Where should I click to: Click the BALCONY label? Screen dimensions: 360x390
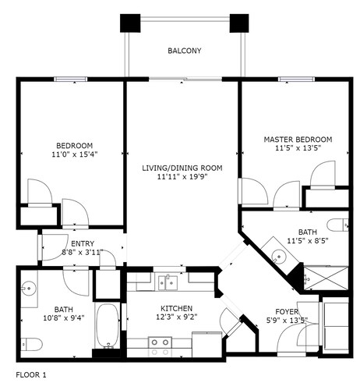click(x=185, y=51)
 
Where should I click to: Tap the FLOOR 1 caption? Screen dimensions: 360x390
click(x=31, y=375)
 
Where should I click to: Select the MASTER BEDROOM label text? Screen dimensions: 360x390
click(x=298, y=140)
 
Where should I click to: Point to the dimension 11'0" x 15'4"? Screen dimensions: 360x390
click(x=75, y=154)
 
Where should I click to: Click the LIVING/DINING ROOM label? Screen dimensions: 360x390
click(x=182, y=168)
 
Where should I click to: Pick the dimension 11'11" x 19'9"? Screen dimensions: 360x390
click(x=182, y=177)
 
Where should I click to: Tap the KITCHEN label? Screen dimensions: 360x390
click(x=176, y=308)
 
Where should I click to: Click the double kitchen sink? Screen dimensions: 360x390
click(x=168, y=282)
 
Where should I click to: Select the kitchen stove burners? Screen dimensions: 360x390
click(x=160, y=347)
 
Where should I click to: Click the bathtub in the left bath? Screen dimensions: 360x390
click(x=108, y=326)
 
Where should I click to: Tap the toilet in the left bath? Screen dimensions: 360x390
click(x=32, y=345)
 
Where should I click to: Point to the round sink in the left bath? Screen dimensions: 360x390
click(x=28, y=289)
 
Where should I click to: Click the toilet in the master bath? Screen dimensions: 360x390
click(x=337, y=225)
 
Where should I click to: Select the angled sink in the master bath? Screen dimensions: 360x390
click(x=279, y=256)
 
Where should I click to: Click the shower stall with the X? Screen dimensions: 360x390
click(x=326, y=278)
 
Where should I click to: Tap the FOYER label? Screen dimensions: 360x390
click(x=287, y=311)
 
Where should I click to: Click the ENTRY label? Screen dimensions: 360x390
click(x=83, y=243)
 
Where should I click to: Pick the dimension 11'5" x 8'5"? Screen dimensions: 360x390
click(x=308, y=241)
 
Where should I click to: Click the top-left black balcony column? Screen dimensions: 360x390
click(x=130, y=23)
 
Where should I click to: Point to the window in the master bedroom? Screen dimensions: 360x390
click(x=296, y=79)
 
